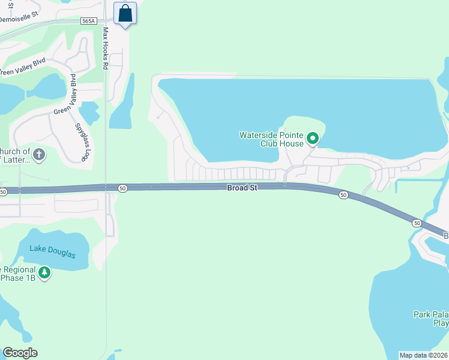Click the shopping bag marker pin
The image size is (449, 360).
(125, 13)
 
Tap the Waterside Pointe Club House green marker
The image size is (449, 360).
(313, 139)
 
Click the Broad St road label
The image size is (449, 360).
(242, 188)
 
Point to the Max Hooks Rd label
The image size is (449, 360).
(105, 48)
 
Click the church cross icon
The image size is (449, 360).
(38, 155)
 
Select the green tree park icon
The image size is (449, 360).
(44, 273)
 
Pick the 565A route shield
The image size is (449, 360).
(88, 21)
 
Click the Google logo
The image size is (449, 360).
(20, 353)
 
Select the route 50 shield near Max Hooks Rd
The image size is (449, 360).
(122, 188)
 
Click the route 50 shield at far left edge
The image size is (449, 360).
(4, 191)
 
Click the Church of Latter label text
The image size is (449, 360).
(16, 155)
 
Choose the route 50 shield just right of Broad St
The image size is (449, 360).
(343, 195)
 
